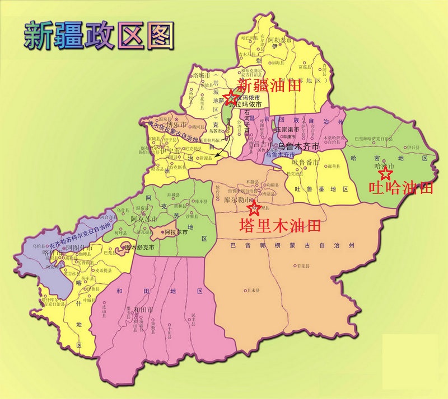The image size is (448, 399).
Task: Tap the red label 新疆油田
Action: click(269, 85)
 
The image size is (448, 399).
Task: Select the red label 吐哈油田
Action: click(401, 188)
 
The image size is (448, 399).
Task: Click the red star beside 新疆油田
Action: click(229, 97)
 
